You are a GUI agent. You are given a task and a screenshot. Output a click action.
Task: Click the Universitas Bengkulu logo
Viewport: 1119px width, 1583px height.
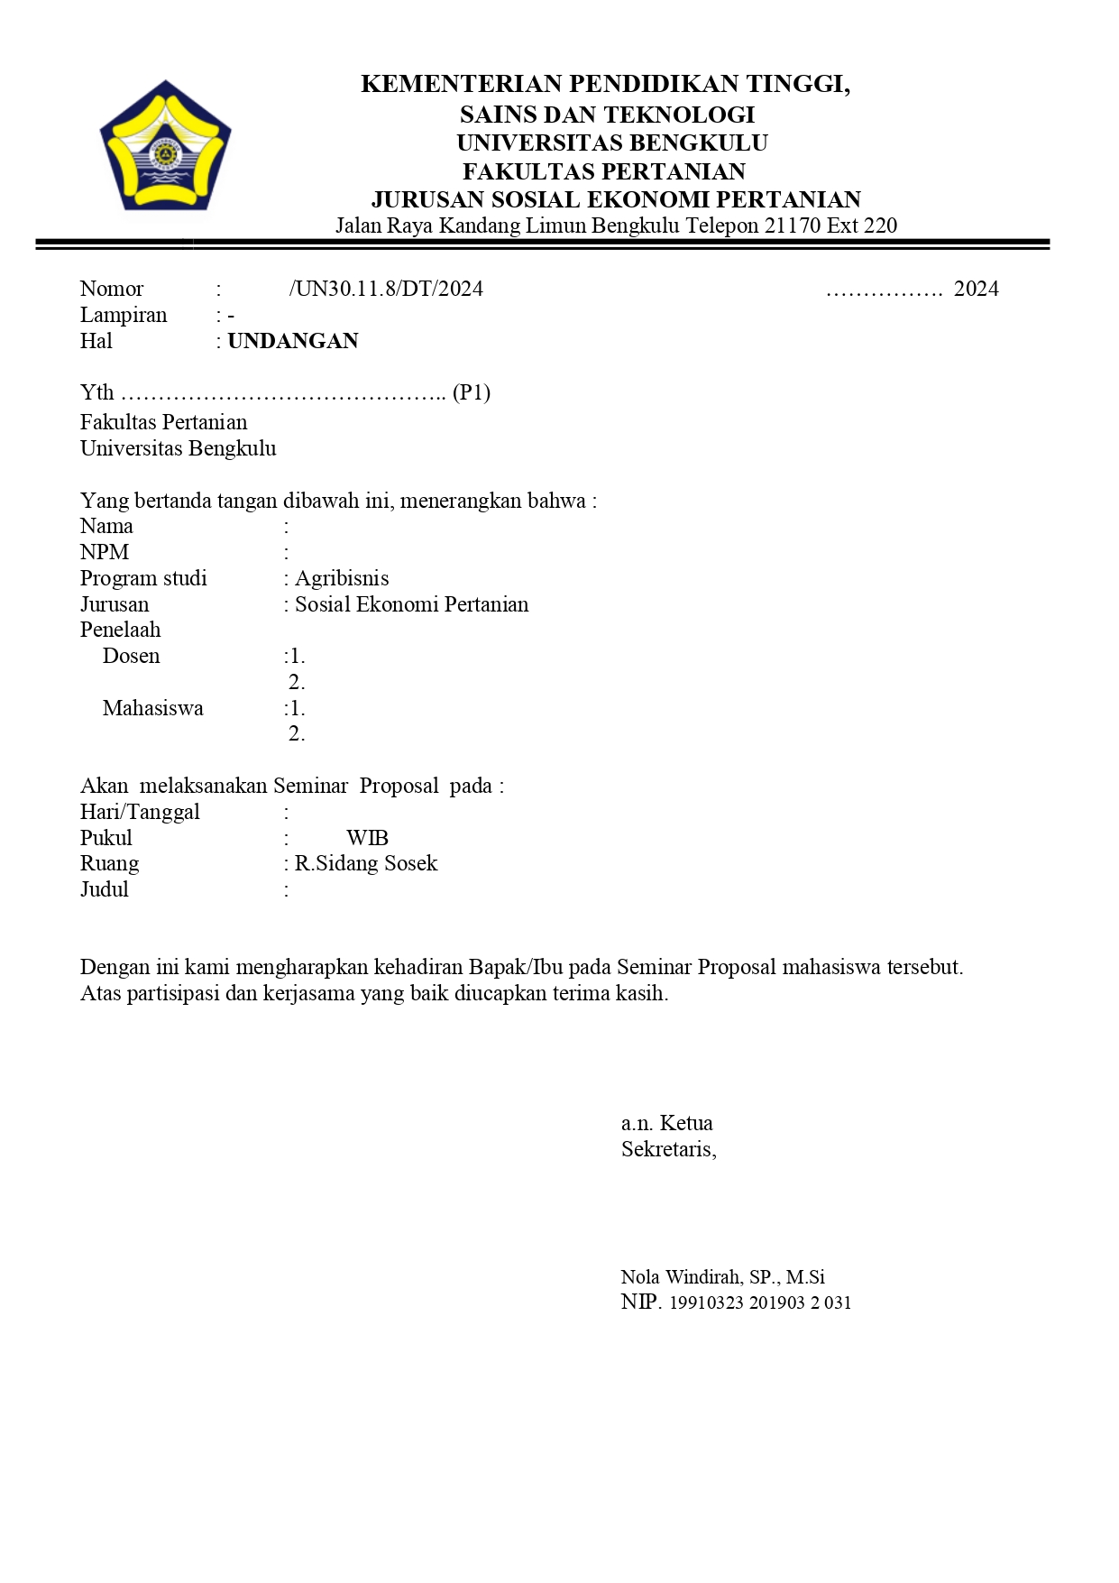[x=165, y=145]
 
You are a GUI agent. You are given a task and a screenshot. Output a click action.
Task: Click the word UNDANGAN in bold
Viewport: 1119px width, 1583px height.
[x=293, y=341]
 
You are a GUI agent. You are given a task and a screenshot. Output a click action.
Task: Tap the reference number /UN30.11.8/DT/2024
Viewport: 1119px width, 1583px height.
[x=386, y=289]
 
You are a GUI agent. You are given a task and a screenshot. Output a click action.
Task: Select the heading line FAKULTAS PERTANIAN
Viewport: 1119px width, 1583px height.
[x=604, y=171]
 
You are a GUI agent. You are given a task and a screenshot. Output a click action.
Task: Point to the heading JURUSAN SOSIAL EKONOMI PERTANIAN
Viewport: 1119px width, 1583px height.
[x=616, y=199]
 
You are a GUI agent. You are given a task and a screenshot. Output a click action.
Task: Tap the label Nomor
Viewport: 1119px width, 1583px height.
[x=112, y=289]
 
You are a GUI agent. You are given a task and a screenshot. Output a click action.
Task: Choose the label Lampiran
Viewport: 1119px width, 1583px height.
[x=124, y=315]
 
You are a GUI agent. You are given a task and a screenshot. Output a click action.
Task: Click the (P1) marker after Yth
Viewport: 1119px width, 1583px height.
[x=472, y=392]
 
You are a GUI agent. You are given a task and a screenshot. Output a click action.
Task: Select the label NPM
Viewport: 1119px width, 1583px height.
[x=105, y=552]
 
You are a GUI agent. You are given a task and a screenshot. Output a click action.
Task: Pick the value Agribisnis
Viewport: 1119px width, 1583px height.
[x=342, y=578]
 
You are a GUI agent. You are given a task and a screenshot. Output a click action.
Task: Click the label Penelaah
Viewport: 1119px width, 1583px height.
[x=120, y=630]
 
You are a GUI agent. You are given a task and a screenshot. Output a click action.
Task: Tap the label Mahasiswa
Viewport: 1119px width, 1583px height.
[x=152, y=708]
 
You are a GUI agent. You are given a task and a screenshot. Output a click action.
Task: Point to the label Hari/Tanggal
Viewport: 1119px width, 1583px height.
[x=140, y=812]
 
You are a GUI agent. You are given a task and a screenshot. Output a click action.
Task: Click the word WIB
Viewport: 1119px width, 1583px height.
[x=367, y=838]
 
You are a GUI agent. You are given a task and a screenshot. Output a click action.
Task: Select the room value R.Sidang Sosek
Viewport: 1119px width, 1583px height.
[x=366, y=863]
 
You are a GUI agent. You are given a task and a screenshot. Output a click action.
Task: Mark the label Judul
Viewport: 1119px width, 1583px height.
[x=105, y=889]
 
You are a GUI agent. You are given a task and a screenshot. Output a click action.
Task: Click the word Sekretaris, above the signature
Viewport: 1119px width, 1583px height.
[x=668, y=1149]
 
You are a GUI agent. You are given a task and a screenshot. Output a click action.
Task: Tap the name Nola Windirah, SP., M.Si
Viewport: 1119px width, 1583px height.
[x=722, y=1277]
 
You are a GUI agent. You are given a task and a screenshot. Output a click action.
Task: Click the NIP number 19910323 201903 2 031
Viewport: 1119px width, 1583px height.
[x=760, y=1302]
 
